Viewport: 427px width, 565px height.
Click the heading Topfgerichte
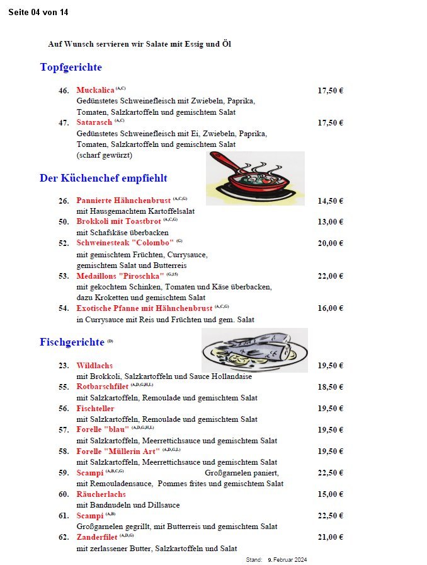(x=71, y=67)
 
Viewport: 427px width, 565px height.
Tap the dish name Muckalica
(x=95, y=90)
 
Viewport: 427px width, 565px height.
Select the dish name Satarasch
(x=94, y=122)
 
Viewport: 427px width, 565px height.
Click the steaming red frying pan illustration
(x=254, y=178)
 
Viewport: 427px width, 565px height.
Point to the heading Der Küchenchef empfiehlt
(x=103, y=178)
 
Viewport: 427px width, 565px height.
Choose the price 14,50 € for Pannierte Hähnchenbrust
(x=330, y=201)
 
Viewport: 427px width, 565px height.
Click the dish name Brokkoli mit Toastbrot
(x=118, y=221)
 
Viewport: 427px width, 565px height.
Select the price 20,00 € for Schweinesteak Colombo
(x=330, y=243)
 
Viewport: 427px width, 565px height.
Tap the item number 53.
(x=64, y=276)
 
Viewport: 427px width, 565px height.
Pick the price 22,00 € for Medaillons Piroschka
(x=330, y=276)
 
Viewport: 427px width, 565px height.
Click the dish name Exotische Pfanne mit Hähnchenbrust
(x=144, y=308)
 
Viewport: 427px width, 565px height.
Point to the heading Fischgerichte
(x=72, y=342)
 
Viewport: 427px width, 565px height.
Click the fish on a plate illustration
(x=254, y=351)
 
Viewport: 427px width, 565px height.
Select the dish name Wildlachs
(x=94, y=366)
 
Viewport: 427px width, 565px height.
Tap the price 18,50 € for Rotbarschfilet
(x=330, y=387)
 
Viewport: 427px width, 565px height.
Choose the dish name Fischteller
(x=95, y=409)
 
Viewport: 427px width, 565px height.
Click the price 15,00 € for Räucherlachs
(x=330, y=494)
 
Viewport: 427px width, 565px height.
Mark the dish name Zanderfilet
(x=97, y=537)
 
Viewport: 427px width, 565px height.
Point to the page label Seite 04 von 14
(x=38, y=13)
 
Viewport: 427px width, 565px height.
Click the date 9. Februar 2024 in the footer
(x=287, y=560)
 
